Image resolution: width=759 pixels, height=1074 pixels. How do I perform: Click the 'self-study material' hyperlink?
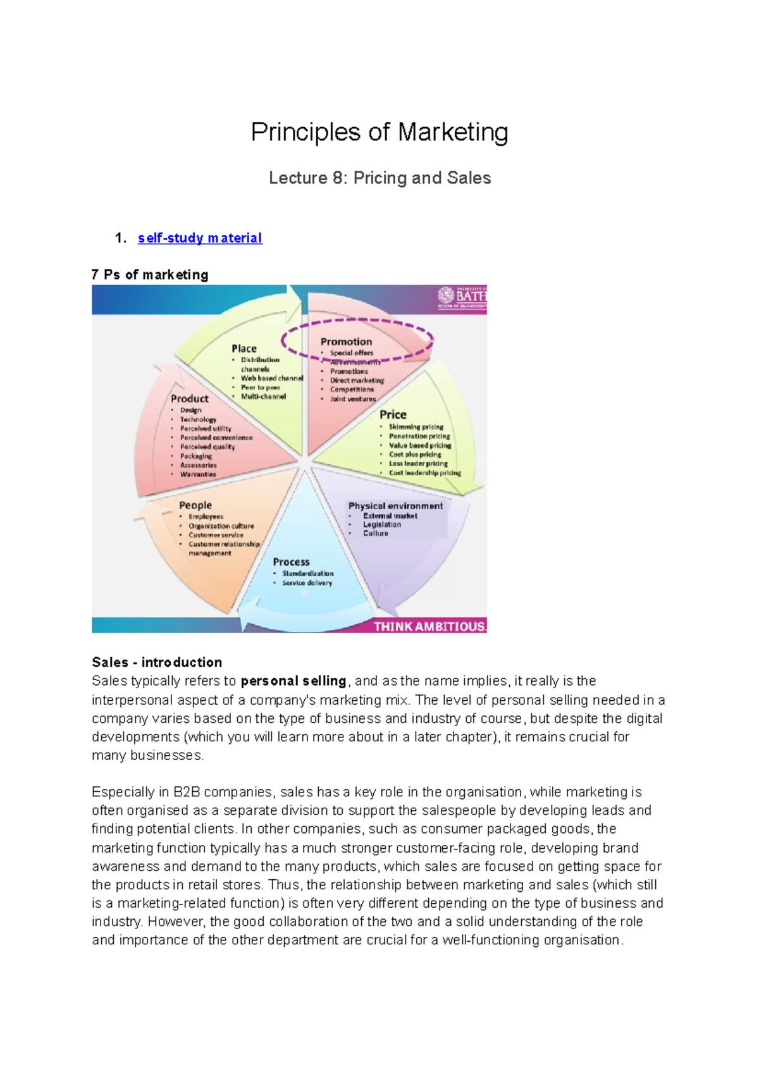pyautogui.click(x=199, y=238)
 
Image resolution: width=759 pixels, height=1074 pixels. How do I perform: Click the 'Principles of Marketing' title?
pyautogui.click(x=379, y=132)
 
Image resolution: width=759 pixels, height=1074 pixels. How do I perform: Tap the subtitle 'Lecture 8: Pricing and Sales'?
pyautogui.click(x=379, y=178)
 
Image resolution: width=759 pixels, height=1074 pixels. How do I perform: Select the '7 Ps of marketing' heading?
pyautogui.click(x=150, y=275)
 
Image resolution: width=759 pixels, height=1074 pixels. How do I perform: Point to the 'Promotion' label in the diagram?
pyautogui.click(x=346, y=342)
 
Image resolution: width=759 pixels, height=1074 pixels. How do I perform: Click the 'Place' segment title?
pyautogui.click(x=244, y=349)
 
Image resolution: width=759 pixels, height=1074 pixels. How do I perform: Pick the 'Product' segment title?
pyautogui.click(x=189, y=398)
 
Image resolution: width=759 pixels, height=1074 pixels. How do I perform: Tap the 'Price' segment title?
pyautogui.click(x=393, y=415)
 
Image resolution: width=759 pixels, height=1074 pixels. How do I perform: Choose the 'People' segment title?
pyautogui.click(x=195, y=505)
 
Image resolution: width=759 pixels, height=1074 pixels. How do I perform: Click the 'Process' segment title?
pyautogui.click(x=291, y=562)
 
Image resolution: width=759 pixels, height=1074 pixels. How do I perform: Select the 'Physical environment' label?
pyautogui.click(x=395, y=506)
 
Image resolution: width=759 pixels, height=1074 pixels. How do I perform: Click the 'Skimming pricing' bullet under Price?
pyautogui.click(x=416, y=427)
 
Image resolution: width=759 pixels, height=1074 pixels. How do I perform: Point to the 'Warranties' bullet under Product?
pyautogui.click(x=198, y=474)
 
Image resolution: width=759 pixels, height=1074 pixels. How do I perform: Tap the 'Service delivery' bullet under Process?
pyautogui.click(x=307, y=583)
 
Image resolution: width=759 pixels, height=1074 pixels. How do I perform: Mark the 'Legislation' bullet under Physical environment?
pyautogui.click(x=381, y=524)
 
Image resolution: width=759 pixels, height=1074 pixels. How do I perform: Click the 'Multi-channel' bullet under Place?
pyautogui.click(x=263, y=397)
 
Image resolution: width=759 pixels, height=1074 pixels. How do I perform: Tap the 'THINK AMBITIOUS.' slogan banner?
pyautogui.click(x=429, y=626)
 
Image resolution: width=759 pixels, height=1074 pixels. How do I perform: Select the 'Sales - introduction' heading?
pyautogui.click(x=157, y=662)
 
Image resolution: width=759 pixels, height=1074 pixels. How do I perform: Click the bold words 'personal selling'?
pyautogui.click(x=293, y=681)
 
